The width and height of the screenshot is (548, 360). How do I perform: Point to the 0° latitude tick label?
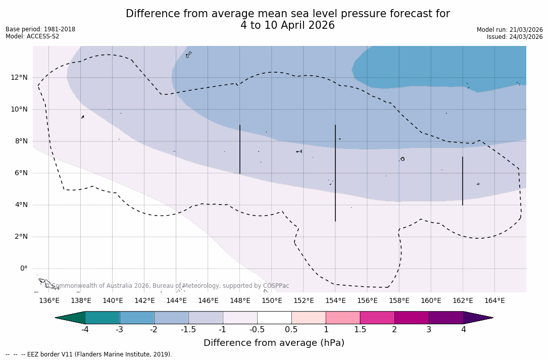[23, 269]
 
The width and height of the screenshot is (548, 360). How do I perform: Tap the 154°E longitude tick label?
[335, 301]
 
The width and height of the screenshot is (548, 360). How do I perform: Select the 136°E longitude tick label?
[49, 301]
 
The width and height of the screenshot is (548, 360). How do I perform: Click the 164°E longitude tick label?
[494, 301]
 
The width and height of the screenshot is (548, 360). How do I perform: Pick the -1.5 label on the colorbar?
[188, 330]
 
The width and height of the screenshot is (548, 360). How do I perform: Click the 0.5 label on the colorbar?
[291, 330]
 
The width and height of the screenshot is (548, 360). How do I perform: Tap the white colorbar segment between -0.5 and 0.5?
[274, 318]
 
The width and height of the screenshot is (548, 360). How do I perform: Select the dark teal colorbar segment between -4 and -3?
[103, 318]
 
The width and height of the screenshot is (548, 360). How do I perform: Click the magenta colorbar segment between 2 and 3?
[412, 318]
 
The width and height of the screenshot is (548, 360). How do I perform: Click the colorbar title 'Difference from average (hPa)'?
[274, 343]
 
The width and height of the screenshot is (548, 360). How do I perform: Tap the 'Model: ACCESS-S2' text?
[32, 36]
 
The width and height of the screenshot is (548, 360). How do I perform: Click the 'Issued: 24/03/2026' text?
[515, 37]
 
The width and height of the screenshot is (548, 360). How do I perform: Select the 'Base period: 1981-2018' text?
[40, 29]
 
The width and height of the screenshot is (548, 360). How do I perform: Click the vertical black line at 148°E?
[240, 149]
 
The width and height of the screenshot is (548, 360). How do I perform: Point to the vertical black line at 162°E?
[463, 181]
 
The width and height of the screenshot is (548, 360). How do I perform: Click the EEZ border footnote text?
[89, 354]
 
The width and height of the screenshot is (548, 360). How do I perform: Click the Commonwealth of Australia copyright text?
[167, 286]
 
